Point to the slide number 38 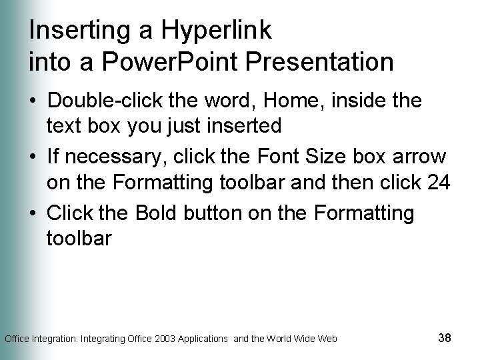click(445, 338)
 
